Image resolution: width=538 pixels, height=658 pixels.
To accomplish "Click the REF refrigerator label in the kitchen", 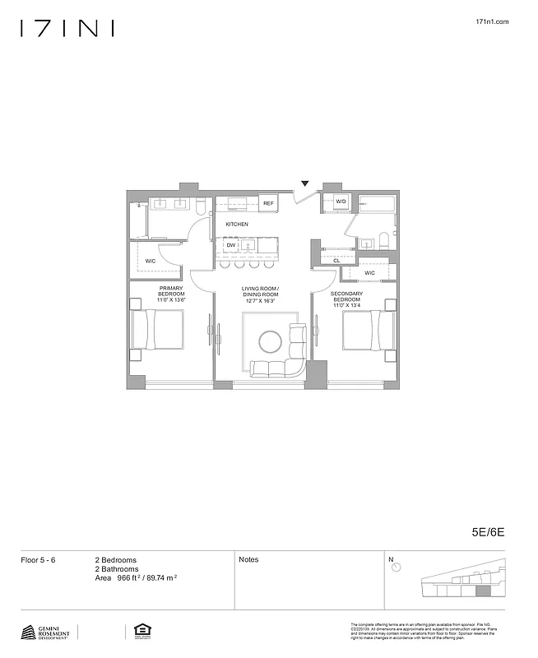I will tap(268, 203).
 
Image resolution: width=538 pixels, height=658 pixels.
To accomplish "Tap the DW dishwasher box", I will tap(231, 245).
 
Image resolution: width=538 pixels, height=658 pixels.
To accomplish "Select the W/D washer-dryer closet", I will tap(341, 202).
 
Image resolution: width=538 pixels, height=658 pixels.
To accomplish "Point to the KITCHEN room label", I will tap(237, 224).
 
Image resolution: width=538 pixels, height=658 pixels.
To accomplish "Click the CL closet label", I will tap(337, 261).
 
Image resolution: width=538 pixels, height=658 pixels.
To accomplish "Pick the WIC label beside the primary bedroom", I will tap(151, 261).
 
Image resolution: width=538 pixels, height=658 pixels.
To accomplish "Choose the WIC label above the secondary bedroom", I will tap(370, 272).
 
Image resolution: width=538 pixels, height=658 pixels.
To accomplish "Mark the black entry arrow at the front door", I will tap(305, 183).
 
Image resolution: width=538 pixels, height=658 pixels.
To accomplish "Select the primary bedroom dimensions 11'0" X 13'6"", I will tap(172, 300).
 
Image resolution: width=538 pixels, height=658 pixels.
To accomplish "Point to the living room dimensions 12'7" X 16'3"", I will tap(260, 300).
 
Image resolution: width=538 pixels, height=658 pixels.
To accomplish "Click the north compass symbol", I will tap(396, 568).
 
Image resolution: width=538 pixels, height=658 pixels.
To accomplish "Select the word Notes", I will tap(248, 559).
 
